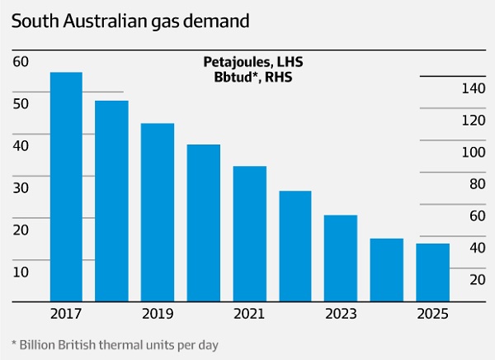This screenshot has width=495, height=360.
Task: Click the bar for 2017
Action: [66, 186]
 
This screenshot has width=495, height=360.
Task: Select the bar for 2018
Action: [111, 200]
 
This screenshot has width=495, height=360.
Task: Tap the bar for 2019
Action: [157, 211]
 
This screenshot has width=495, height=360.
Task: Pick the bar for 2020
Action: [203, 222]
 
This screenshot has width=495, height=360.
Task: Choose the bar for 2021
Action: [249, 233]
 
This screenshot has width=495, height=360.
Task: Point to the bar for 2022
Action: [295, 245]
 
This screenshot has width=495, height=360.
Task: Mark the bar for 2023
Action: [340, 257]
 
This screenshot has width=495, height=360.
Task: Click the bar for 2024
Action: [386, 269]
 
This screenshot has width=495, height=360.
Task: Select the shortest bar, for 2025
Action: [432, 272]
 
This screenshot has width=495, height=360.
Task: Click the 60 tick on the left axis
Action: [21, 61]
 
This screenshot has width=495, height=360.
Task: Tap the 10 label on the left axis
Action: [21, 272]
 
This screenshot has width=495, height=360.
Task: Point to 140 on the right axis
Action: [473, 88]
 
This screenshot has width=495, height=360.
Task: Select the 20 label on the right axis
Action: [476, 279]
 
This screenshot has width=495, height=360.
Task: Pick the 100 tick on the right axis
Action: [473, 152]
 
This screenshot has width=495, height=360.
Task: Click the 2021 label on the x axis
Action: [249, 314]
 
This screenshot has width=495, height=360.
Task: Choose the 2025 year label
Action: [432, 314]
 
